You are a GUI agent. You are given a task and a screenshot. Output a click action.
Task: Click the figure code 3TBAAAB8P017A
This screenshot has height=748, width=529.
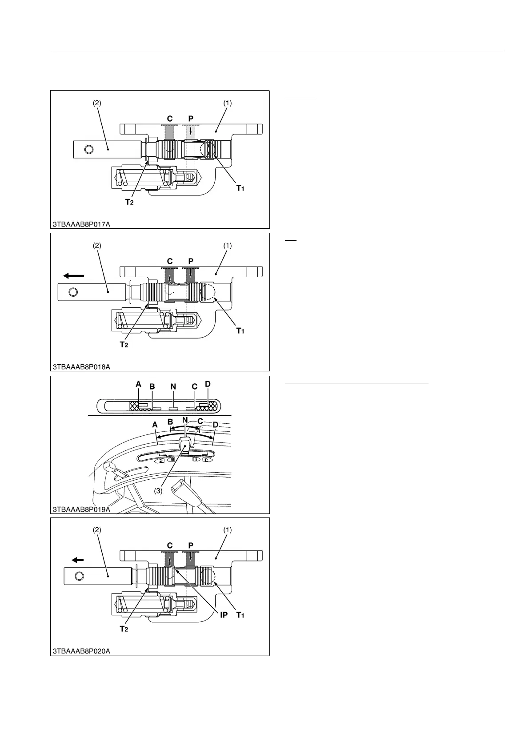click(81, 224)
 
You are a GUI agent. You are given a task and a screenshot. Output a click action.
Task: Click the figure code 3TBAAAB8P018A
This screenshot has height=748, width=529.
click(81, 366)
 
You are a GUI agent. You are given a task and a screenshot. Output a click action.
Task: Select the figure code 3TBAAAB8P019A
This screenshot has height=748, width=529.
click(81, 509)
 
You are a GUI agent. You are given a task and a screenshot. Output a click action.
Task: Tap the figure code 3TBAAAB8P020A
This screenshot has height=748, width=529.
click(81, 651)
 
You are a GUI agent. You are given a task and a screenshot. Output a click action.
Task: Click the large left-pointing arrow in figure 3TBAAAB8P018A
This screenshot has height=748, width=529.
click(73, 276)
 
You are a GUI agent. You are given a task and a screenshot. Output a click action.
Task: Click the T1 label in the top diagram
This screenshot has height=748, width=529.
click(240, 188)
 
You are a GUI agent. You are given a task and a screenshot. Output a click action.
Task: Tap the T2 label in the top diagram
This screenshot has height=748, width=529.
click(129, 202)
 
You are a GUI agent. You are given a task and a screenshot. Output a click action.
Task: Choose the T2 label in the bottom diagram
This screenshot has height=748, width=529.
click(124, 629)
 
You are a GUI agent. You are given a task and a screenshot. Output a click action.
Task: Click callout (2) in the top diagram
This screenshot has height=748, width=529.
click(97, 103)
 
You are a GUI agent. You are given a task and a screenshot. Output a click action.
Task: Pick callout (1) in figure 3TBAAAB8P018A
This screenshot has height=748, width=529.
click(227, 245)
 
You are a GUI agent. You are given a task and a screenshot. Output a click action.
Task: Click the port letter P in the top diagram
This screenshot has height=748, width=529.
click(191, 119)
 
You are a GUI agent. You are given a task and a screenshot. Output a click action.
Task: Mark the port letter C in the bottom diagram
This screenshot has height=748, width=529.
click(170, 545)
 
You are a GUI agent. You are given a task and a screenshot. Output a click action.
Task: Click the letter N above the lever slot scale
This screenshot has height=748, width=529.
click(173, 387)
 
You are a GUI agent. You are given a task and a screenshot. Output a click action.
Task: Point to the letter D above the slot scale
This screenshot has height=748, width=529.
click(208, 384)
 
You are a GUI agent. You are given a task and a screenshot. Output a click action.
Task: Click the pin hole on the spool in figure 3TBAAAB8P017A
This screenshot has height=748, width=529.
click(88, 149)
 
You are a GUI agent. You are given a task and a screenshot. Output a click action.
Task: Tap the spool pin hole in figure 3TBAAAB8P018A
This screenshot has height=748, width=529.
click(74, 292)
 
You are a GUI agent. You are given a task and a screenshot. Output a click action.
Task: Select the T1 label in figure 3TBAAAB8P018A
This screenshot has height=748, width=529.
click(240, 330)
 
